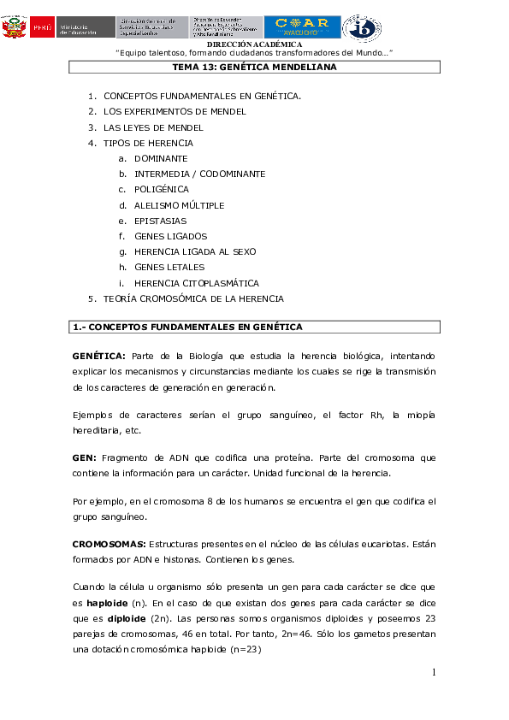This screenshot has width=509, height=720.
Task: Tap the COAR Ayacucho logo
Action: click(x=301, y=27)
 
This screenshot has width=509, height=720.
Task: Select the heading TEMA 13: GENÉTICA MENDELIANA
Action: click(x=254, y=67)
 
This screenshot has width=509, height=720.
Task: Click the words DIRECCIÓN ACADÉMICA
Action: click(x=254, y=44)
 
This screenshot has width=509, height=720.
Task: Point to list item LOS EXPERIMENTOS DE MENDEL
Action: click(x=175, y=111)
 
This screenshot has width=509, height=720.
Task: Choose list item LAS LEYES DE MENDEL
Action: click(x=153, y=127)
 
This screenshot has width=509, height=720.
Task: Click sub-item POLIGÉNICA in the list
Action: click(x=162, y=190)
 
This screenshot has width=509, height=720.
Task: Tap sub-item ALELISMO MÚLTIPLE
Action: click(x=179, y=205)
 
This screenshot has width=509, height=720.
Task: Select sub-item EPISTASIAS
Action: click(x=160, y=221)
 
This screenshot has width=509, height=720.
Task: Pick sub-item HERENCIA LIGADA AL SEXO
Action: click(x=195, y=252)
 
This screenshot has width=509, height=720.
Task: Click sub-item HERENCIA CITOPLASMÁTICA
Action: click(x=196, y=283)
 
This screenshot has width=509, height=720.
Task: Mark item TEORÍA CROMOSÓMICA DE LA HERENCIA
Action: click(x=193, y=298)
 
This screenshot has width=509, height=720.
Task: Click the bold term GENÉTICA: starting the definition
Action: click(x=99, y=356)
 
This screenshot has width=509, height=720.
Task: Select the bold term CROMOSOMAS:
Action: click(x=109, y=544)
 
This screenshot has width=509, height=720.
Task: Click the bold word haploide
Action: click(x=107, y=604)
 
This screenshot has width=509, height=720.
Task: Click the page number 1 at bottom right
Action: click(x=434, y=673)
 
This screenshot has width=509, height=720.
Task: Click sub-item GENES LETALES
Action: click(x=169, y=268)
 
